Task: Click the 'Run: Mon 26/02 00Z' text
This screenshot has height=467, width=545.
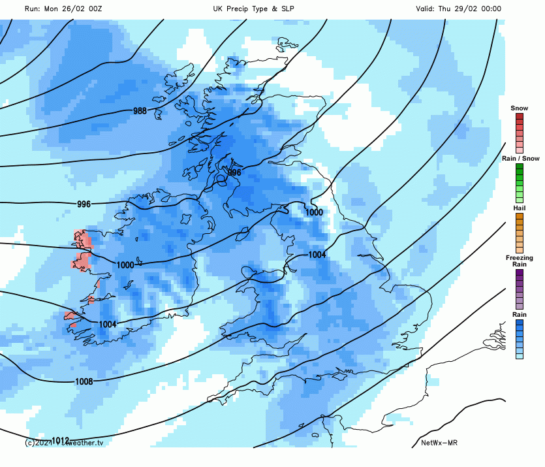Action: coord(63,8)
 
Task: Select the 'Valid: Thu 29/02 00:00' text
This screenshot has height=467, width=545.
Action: coord(458,8)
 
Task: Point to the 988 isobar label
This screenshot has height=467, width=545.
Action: coord(140,111)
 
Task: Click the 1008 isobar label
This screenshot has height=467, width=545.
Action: coord(84,381)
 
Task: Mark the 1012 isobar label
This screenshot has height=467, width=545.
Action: coord(61,441)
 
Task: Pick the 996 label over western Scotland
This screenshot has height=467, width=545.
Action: coord(234,172)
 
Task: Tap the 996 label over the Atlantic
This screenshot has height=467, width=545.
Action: coord(84,204)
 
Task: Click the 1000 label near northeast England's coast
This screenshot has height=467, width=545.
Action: coord(315,212)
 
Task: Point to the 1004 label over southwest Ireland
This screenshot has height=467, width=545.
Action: coord(108,325)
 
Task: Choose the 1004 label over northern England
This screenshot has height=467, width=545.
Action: coord(317,255)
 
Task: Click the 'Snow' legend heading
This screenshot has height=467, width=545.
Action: coord(519,108)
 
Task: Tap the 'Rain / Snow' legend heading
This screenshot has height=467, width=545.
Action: coord(520,159)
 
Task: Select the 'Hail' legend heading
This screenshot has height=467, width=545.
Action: coord(519,208)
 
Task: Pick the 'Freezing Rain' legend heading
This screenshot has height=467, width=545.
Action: coord(519,261)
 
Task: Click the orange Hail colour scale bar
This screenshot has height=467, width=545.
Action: coord(519,233)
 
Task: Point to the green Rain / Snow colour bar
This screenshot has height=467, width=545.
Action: coord(519,182)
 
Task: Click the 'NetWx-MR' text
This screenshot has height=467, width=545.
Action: coord(439,443)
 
